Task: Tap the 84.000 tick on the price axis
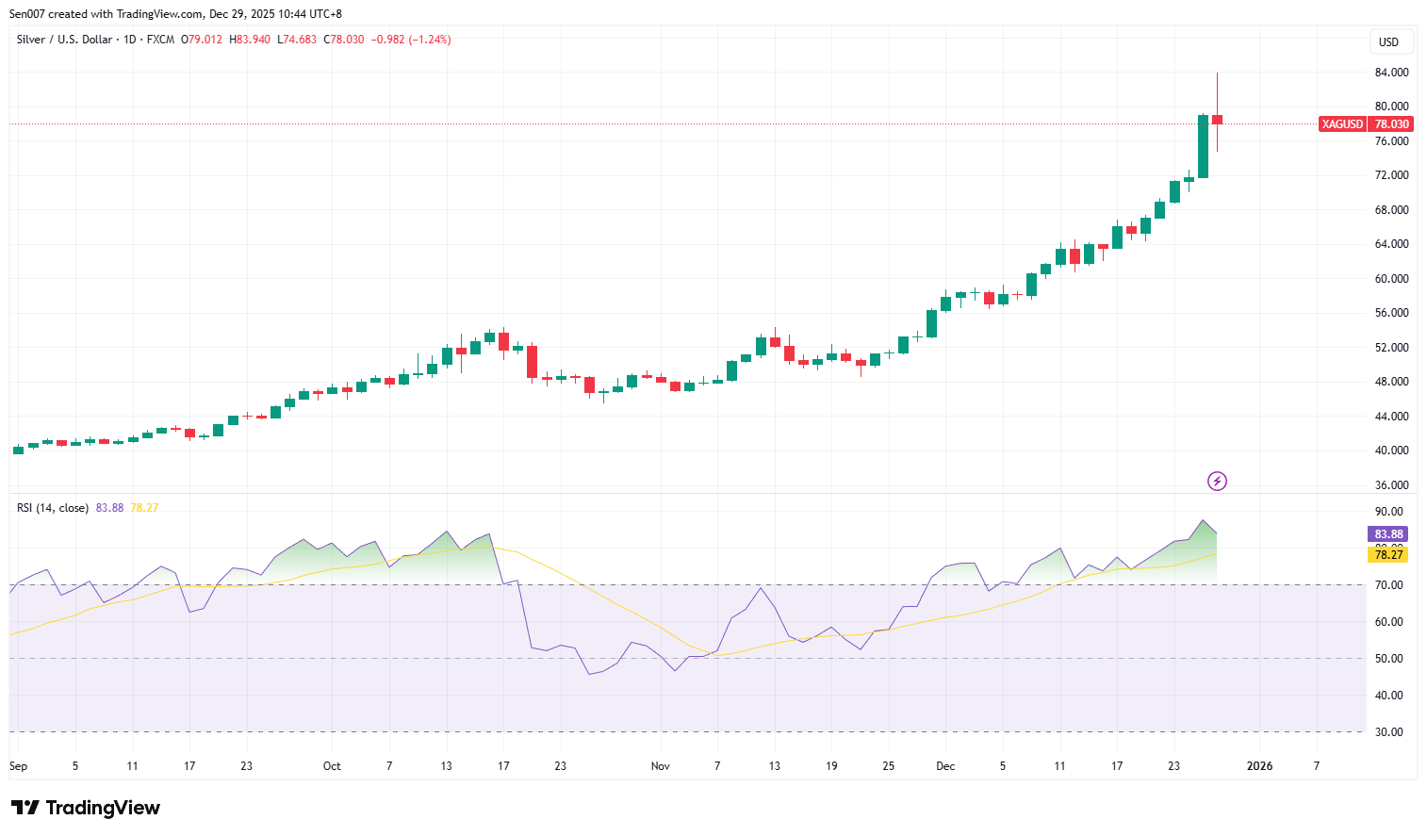(x=1391, y=73)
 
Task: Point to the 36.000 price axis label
(x=1391, y=485)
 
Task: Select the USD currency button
(x=1388, y=42)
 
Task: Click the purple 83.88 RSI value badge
(x=1388, y=534)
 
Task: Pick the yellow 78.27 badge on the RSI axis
(x=1388, y=555)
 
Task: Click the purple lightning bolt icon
(x=1217, y=482)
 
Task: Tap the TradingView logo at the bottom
(x=86, y=808)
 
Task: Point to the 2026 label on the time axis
(x=1259, y=766)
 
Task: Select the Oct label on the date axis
(x=332, y=766)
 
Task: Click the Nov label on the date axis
(x=660, y=766)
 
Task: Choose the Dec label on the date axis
(x=945, y=766)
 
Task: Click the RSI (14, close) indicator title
(x=53, y=508)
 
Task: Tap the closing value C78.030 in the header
(x=344, y=40)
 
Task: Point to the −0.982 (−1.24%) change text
(x=411, y=40)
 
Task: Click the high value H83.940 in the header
(x=250, y=40)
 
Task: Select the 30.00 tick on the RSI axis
(x=1388, y=732)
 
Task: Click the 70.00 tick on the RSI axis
(x=1388, y=585)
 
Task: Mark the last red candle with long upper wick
(x=1217, y=120)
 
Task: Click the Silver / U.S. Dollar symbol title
(x=64, y=40)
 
